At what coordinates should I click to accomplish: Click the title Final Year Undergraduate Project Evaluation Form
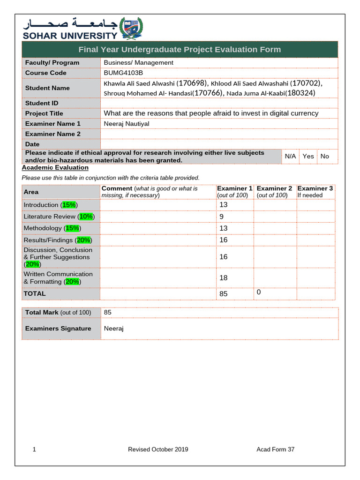(180, 50)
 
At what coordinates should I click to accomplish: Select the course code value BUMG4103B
(123, 73)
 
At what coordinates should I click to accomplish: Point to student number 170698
(191, 83)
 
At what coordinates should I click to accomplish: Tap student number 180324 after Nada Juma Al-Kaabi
(300, 93)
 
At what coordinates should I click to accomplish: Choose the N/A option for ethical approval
(290, 156)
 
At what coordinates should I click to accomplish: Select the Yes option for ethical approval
(308, 156)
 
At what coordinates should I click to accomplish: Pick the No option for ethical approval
(325, 156)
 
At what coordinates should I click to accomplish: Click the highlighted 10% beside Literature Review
(86, 217)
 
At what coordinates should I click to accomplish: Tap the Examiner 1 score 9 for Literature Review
(221, 217)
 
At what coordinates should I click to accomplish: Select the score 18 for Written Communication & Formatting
(223, 278)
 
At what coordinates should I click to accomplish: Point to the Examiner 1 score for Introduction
(223, 205)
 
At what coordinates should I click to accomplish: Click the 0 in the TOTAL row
(258, 292)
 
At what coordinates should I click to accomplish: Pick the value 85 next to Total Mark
(108, 312)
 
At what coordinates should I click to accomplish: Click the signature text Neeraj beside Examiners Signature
(113, 329)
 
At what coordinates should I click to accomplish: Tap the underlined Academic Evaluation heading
(55, 167)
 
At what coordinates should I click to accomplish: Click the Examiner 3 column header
(315, 188)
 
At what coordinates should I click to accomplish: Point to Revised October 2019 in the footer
(158, 450)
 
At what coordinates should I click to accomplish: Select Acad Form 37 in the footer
(276, 450)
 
